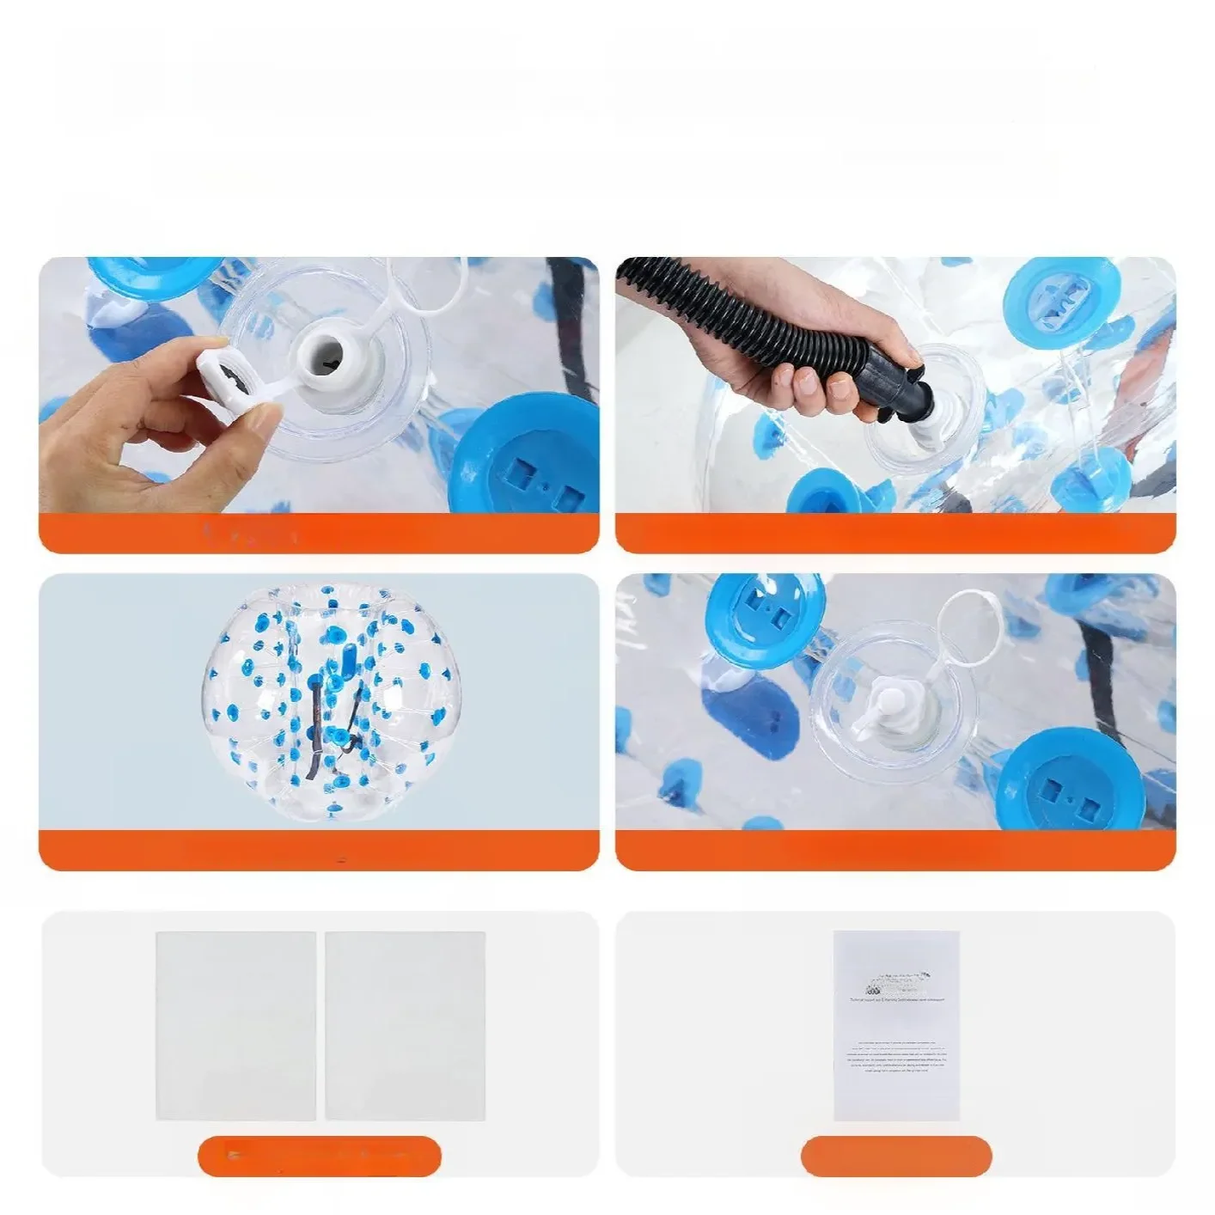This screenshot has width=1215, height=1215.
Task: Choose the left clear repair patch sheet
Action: click(235, 1024)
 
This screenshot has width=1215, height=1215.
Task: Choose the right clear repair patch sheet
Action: click(405, 1024)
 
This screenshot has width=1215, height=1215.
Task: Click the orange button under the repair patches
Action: click(319, 1154)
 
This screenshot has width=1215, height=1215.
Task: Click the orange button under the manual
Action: click(895, 1154)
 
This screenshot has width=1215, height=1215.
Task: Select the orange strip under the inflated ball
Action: click(319, 852)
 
